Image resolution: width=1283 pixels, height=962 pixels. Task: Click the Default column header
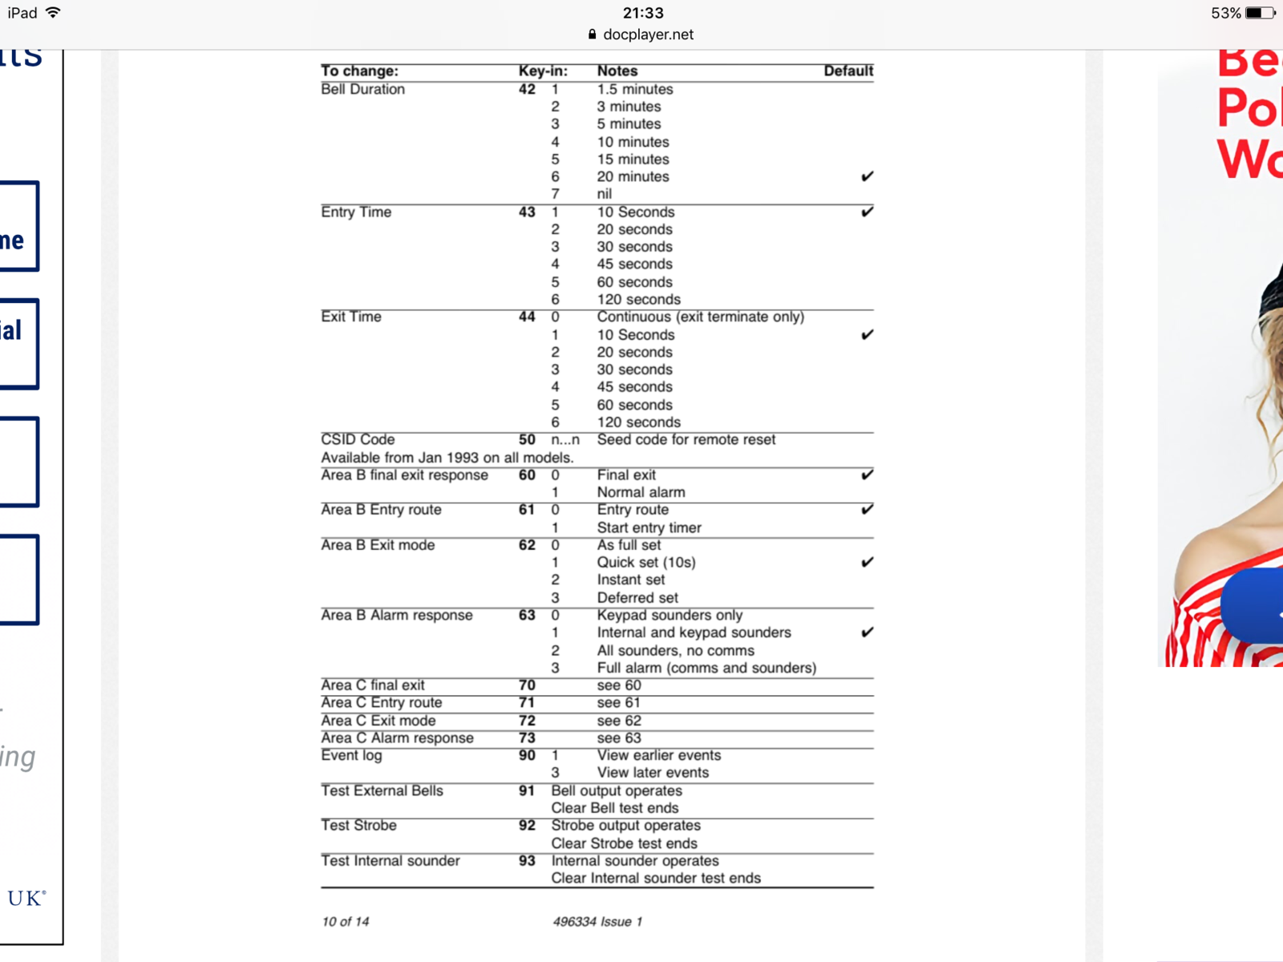848,71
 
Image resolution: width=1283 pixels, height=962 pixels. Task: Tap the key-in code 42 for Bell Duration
527,89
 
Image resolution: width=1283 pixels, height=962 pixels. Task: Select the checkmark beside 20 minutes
867,176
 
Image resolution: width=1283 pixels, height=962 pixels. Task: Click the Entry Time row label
356,212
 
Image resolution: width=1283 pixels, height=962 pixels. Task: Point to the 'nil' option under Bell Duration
604,194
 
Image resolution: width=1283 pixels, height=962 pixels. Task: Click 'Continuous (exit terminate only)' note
700,317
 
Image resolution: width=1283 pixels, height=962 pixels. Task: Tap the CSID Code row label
358,439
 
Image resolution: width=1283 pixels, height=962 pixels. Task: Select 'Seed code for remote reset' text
686,439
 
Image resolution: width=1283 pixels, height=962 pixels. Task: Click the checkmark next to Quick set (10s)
867,562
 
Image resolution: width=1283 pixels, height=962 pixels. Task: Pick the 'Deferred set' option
637,597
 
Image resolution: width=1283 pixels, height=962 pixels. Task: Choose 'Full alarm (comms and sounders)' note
706,668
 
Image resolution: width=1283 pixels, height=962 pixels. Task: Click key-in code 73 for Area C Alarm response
527,738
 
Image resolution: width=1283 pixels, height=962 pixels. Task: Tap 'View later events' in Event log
653,773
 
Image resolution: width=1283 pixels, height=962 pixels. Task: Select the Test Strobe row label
358,825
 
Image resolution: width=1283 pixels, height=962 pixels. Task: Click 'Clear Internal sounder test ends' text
655,878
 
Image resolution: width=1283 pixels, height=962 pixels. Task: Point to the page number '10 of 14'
345,922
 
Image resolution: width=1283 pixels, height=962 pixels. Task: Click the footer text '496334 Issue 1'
597,922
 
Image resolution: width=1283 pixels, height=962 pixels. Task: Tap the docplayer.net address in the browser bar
648,34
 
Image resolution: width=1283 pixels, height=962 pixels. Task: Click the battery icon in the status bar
1259,13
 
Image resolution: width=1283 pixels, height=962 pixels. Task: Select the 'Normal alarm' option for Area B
641,492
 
